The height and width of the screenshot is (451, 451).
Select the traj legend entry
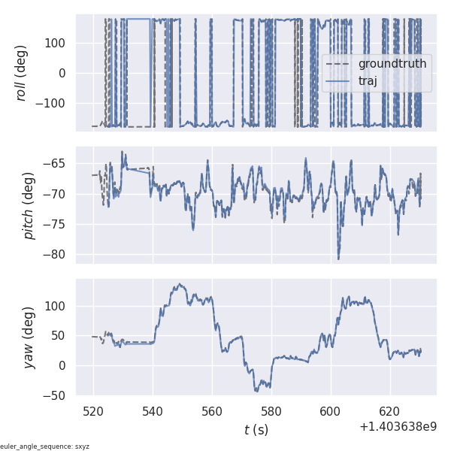point(368,81)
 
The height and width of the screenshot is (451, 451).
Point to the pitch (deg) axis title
point(28,205)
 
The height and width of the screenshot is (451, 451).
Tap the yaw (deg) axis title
point(28,337)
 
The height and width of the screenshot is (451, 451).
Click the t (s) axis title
point(256,430)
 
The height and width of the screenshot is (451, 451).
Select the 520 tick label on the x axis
point(94,411)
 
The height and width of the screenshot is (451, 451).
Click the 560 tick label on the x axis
point(212,411)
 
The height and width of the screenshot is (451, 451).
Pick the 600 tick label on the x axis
point(331,411)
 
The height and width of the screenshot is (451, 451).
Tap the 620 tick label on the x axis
point(390,411)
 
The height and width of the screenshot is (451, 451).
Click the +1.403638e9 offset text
point(398,426)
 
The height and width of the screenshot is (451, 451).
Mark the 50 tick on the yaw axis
point(61,336)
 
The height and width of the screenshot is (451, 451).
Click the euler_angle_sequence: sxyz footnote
point(44,446)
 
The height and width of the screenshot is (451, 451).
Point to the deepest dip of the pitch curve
point(338,259)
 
